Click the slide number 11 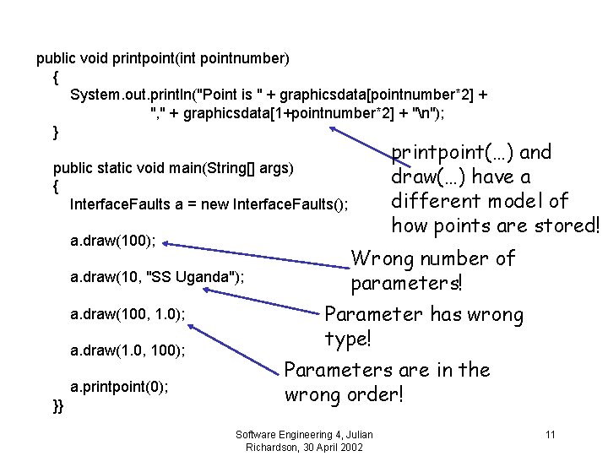(550, 435)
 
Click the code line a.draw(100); (112, 241)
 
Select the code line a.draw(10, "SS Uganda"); (157, 276)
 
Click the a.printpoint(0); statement (119, 387)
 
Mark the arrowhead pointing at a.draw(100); (167, 244)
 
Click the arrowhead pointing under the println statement (334, 129)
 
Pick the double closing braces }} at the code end (57, 407)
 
